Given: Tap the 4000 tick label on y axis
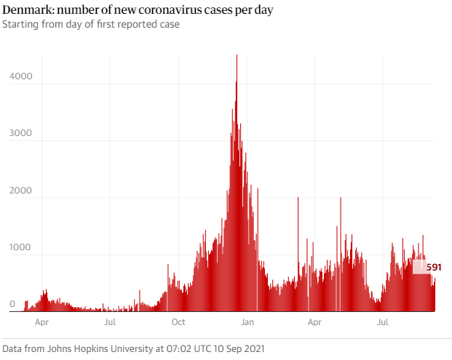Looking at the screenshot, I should [21, 76].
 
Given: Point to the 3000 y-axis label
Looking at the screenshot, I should [21, 133].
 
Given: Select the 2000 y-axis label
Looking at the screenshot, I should [21, 190].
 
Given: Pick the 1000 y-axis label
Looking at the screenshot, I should [21, 247].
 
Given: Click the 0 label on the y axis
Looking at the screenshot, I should [12, 304].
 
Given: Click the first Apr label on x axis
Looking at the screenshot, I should [41, 321].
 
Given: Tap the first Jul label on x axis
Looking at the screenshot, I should [109, 321].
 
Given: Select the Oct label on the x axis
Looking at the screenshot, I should [178, 321].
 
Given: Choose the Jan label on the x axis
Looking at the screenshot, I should [247, 321].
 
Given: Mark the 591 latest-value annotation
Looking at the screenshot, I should [434, 268].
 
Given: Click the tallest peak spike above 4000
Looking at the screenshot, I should [237, 58].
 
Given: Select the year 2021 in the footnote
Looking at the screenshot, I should [252, 348].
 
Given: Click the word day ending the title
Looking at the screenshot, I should [263, 11].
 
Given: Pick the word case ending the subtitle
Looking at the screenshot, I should [170, 25].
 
